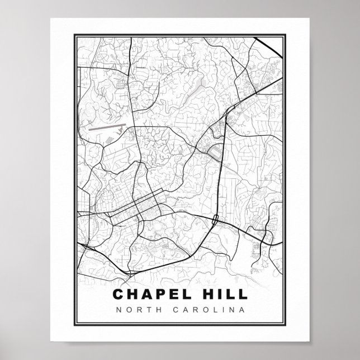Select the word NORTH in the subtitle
[x=134, y=309]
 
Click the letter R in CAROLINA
[x=193, y=309]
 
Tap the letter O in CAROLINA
[x=202, y=309]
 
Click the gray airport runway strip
[x=107, y=127]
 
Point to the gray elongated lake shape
[x=200, y=84]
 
